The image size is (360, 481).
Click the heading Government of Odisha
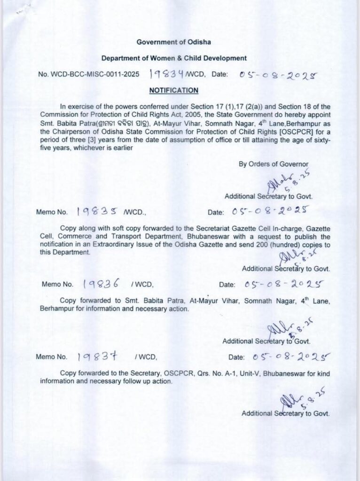(x=173, y=42)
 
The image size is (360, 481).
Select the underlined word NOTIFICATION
(x=173, y=90)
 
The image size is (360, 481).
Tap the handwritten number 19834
(x=167, y=74)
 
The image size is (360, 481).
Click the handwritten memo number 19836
(x=103, y=284)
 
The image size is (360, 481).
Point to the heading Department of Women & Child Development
(x=173, y=58)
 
